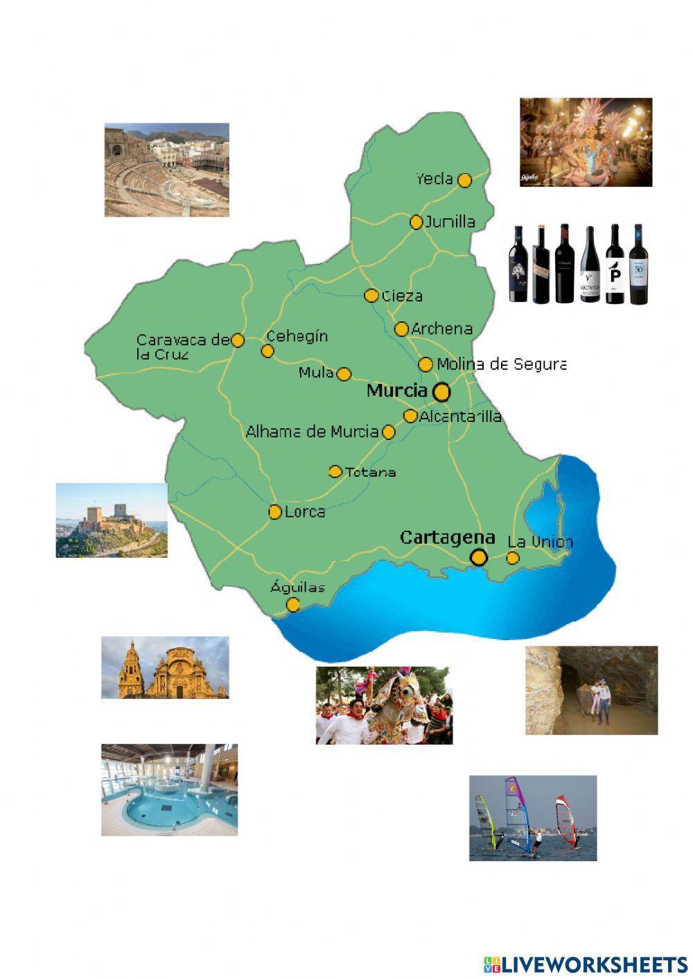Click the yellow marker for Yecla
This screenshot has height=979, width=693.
[x=464, y=180]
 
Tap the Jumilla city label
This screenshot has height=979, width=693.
[x=450, y=222]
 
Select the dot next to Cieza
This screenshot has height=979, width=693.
[x=371, y=296]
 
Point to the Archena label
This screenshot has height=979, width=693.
[x=441, y=328]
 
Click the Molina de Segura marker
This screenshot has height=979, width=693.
[x=426, y=364]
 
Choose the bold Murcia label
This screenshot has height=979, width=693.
[x=396, y=390]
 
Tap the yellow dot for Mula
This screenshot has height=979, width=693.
[x=344, y=374]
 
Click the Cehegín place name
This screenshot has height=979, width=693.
[x=297, y=336]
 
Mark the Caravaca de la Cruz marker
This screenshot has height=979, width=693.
[x=237, y=340]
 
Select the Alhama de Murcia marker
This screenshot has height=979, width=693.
[x=389, y=432]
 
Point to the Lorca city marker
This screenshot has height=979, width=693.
[x=275, y=512]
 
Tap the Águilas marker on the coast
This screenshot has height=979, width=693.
[x=293, y=604]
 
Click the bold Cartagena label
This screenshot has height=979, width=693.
[x=448, y=537]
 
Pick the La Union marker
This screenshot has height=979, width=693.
[x=513, y=558]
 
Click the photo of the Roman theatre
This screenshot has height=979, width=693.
[x=166, y=170]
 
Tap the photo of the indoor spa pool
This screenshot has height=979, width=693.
[x=169, y=790]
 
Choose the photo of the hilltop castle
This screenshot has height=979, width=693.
[x=111, y=520]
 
